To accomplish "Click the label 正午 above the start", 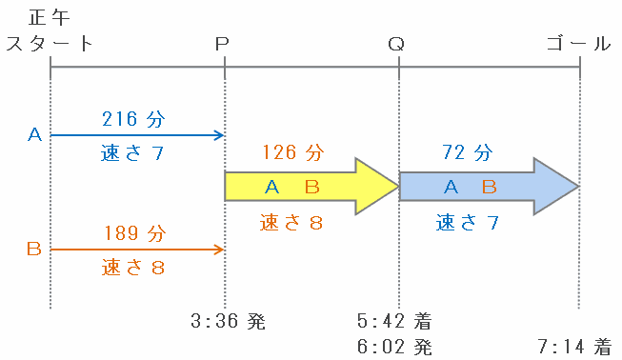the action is coord(50,18).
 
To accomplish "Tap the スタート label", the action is coord(50,43).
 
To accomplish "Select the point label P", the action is coord(222,44).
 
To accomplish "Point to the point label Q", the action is coord(396,44).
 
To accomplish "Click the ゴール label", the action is coord(579,43).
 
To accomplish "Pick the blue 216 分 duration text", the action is coord(133,119).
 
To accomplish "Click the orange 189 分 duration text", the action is coord(135,233).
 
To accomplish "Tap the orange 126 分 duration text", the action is coord(293,152).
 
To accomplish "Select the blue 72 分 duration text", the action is coord(468,152).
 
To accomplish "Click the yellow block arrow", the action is coord(311,187).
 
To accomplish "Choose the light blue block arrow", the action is coord(490,187).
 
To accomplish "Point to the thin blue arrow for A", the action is coord(137,135).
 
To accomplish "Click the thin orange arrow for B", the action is coord(137,250).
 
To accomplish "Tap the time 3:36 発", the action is coord(228,321).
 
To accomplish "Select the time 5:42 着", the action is coord(394,321).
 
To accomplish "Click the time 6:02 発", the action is coord(394,347).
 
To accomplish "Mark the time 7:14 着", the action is coord(574,347).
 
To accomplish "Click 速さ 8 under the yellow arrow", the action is coord(291,223).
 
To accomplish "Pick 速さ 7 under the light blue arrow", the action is coord(468,223).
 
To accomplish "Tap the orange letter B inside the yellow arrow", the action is coord(312,187).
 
